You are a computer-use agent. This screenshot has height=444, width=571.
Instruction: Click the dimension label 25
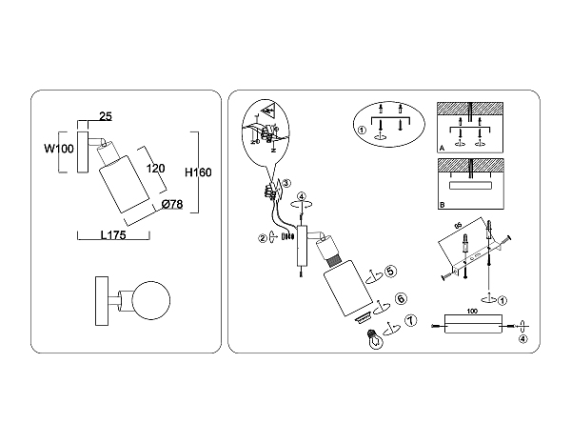coord(106,117)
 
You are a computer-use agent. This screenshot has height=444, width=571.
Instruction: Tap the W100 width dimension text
coord(59,149)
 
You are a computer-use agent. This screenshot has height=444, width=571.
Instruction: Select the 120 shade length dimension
coord(155,168)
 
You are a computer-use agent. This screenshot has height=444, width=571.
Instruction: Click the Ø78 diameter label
coord(172,204)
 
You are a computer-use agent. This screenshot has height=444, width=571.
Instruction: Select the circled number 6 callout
coord(401,298)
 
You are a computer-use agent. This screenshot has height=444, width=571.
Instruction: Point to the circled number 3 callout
coord(285,184)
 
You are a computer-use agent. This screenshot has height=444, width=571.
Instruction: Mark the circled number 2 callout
coord(262,238)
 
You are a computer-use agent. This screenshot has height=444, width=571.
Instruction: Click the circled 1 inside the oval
coord(362,130)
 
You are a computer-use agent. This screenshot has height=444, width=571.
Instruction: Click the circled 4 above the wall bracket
coord(303,198)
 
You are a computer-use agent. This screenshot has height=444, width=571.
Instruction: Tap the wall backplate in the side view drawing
coord(81,151)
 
